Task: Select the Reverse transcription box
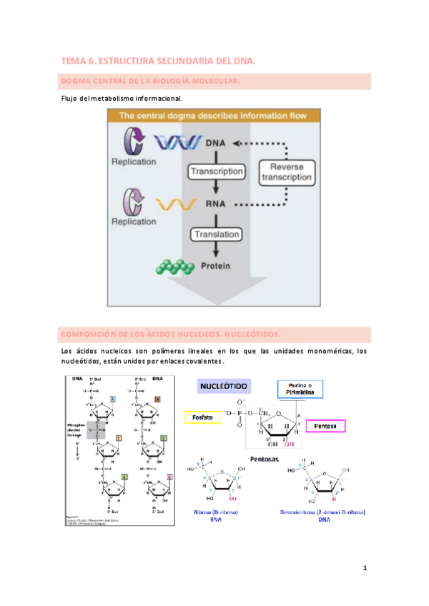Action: pyautogui.click(x=285, y=171)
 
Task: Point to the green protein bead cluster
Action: pyautogui.click(x=175, y=267)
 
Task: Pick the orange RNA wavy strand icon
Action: pyautogui.click(x=173, y=205)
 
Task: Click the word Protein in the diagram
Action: pyautogui.click(x=216, y=267)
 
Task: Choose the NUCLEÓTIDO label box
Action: pyautogui.click(x=224, y=386)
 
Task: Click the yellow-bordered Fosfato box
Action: pyautogui.click(x=202, y=417)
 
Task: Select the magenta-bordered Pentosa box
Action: pyautogui.click(x=325, y=426)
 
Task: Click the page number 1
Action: pyautogui.click(x=365, y=569)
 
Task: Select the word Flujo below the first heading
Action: pyautogui.click(x=71, y=98)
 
